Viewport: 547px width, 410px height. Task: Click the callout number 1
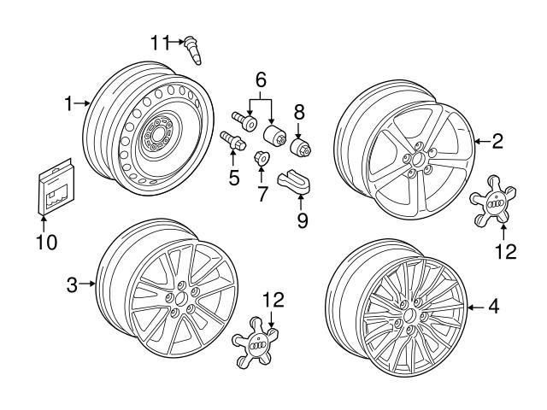pyautogui.click(x=69, y=103)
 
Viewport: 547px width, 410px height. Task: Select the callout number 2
pyautogui.click(x=497, y=142)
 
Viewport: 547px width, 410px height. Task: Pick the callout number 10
pyautogui.click(x=47, y=242)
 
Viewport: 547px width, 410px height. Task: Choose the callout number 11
pyautogui.click(x=161, y=40)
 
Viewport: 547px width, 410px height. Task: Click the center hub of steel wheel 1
pyautogui.click(x=156, y=136)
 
